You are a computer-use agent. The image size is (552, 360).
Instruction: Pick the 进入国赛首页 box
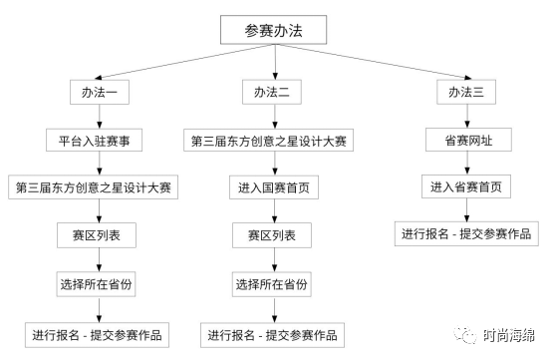(269, 188)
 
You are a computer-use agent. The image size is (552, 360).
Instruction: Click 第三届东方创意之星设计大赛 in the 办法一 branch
(96, 188)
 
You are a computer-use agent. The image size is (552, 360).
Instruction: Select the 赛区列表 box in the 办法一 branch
(96, 236)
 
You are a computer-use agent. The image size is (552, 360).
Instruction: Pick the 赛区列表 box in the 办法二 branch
(269, 236)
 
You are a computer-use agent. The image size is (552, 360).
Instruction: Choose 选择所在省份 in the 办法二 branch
(269, 284)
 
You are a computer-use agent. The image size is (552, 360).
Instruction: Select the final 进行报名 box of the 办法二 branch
(269, 332)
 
